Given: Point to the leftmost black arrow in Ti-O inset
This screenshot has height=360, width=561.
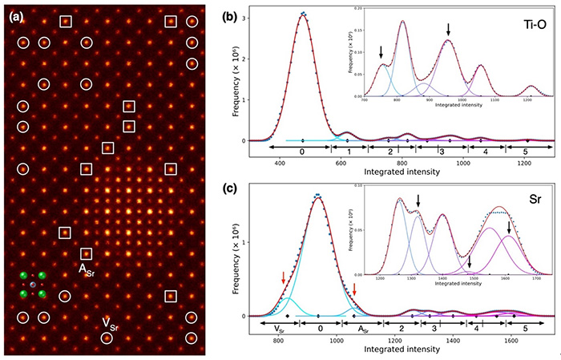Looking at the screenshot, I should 381,52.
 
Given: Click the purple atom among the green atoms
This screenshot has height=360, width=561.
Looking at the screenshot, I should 33,285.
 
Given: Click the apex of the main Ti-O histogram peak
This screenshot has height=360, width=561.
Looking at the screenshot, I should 303,14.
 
